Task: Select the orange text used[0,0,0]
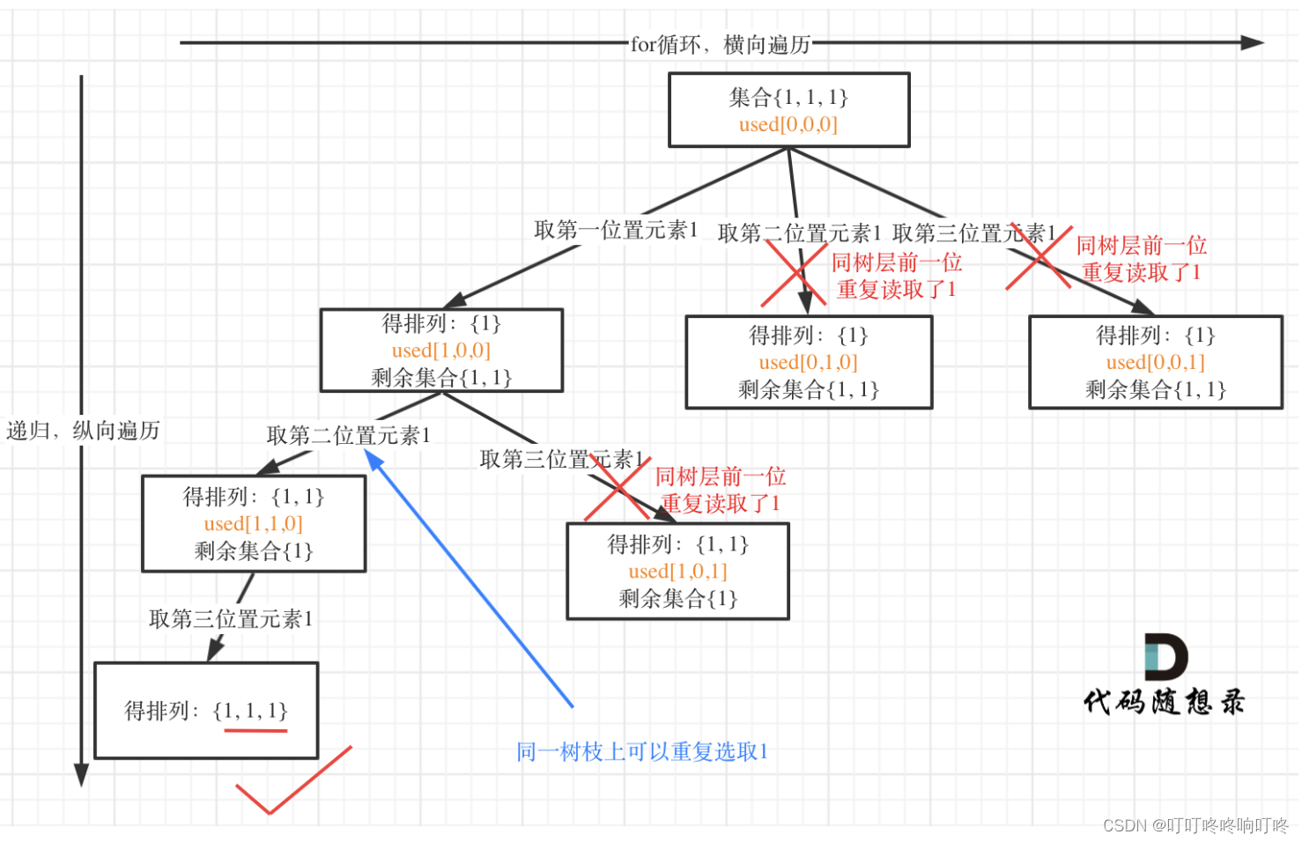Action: (x=788, y=124)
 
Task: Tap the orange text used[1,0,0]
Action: (x=440, y=351)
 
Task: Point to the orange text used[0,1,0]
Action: (x=808, y=362)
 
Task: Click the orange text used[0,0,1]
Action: (x=1155, y=362)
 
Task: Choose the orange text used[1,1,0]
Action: (x=253, y=524)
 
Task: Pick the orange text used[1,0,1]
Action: (x=677, y=572)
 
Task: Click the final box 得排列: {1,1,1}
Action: (x=205, y=710)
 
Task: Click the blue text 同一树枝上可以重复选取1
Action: (x=642, y=751)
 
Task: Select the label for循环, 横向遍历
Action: (x=720, y=44)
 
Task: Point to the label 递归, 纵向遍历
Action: (x=83, y=431)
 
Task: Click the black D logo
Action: (x=1165, y=657)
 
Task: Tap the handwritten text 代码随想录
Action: (x=1164, y=702)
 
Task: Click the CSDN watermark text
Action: (x=1195, y=825)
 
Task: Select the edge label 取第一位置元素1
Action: (x=616, y=231)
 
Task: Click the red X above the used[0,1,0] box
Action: (x=795, y=273)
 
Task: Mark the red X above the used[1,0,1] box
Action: (x=618, y=489)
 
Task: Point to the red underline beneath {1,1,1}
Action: (x=255, y=730)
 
